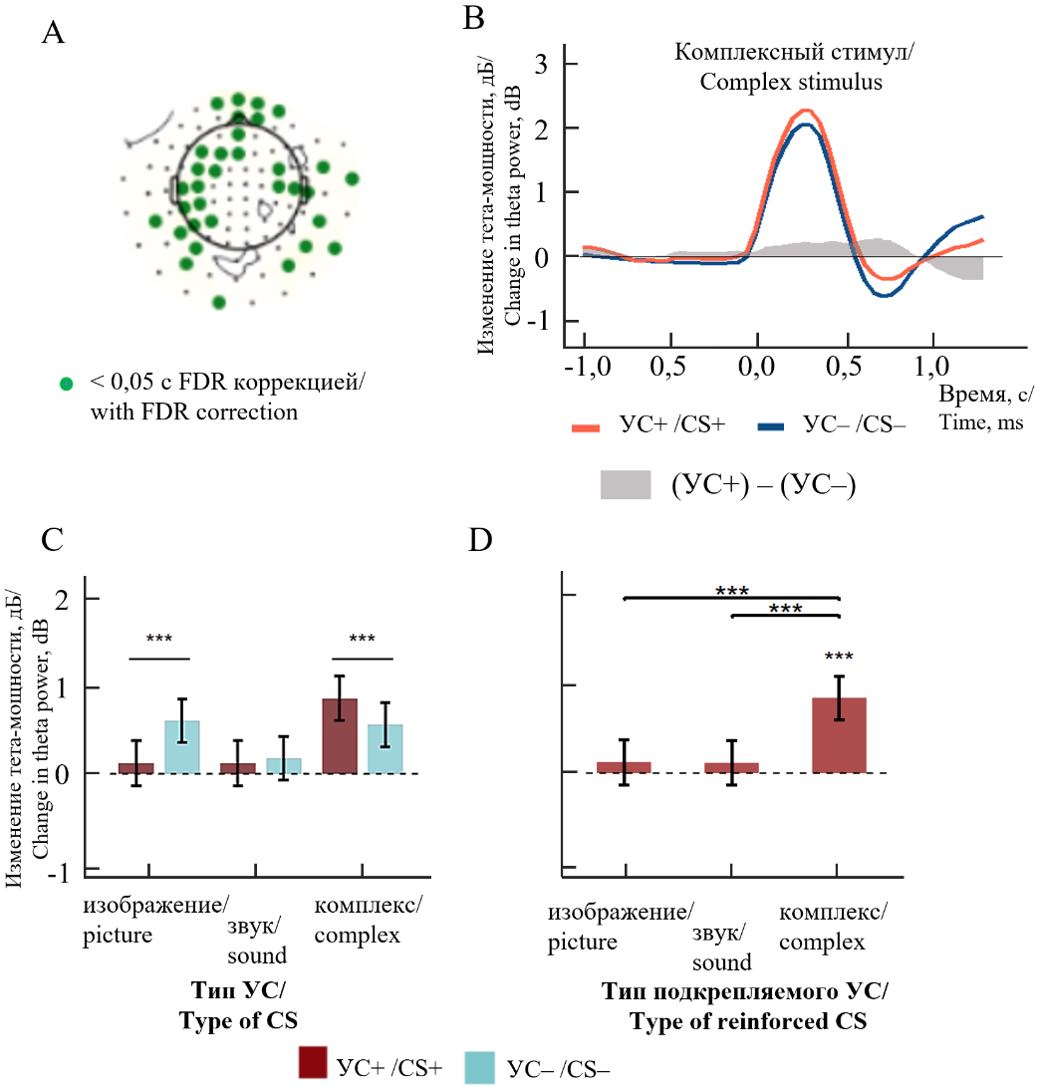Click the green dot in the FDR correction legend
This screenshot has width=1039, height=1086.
67,384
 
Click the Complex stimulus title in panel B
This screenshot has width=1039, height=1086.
791,68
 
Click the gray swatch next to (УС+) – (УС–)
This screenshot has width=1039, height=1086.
625,484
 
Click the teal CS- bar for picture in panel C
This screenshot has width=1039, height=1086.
182,746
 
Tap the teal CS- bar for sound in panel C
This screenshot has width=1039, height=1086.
284,765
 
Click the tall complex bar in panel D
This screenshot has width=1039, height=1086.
840,735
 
